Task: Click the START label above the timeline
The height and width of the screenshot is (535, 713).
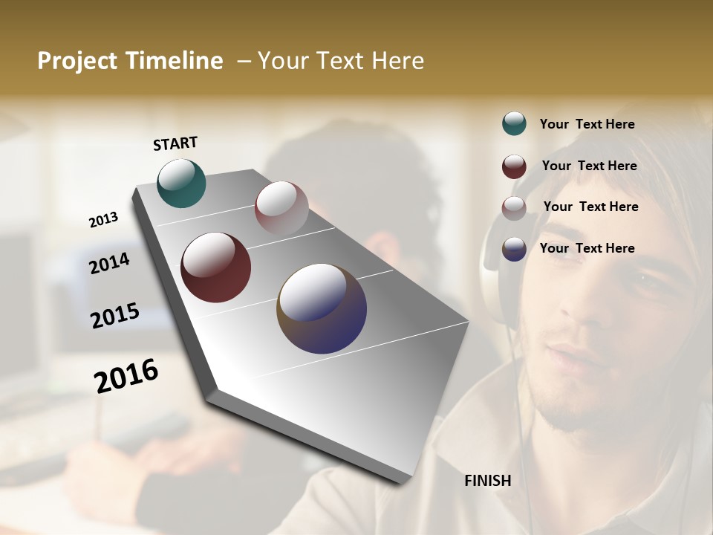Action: tap(175, 143)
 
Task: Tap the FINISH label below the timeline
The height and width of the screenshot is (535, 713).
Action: tap(488, 481)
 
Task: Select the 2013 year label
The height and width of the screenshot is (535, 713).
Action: tap(103, 220)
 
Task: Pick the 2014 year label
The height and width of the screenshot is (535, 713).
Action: tap(109, 263)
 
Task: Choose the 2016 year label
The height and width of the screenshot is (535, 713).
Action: tap(126, 376)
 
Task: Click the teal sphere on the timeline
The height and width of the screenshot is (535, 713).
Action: tap(181, 183)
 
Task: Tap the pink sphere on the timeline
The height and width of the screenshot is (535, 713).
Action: tap(281, 208)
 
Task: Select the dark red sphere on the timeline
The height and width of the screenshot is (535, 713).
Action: tap(215, 267)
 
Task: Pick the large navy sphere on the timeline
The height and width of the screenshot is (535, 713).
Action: tap(322, 308)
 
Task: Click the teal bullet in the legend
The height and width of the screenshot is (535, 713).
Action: tap(514, 123)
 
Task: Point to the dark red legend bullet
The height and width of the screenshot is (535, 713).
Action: tap(514, 166)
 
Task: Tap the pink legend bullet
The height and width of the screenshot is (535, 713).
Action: tap(514, 208)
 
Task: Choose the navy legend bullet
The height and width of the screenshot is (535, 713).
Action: tap(514, 249)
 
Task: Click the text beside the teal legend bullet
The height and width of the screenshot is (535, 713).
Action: tap(587, 124)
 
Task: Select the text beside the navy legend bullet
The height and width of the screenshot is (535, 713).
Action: tap(587, 248)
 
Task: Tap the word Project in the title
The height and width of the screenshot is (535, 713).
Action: tap(78, 61)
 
